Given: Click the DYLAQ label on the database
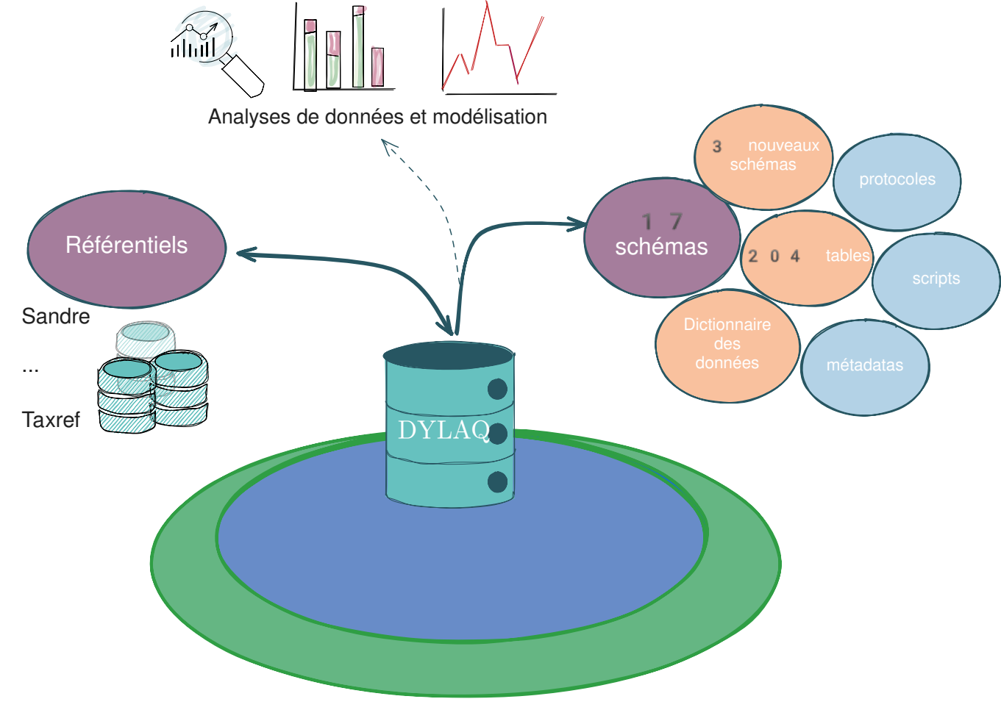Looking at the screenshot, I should [443, 430].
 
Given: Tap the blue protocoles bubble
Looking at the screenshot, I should [897, 181].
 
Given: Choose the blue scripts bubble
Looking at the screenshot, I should [936, 280].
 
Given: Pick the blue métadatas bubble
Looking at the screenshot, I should [864, 367].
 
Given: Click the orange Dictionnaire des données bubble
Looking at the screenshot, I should [727, 345].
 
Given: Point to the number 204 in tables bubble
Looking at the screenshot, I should [774, 257].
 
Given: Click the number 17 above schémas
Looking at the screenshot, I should [662, 221].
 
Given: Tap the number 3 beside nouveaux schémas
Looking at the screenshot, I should [717, 147].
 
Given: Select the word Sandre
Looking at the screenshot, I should [56, 317].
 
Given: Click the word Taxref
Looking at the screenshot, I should [51, 420].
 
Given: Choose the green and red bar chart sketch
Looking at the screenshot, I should [343, 50].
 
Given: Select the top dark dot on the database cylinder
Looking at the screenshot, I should [497, 389].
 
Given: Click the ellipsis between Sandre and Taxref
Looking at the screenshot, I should [30, 370].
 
